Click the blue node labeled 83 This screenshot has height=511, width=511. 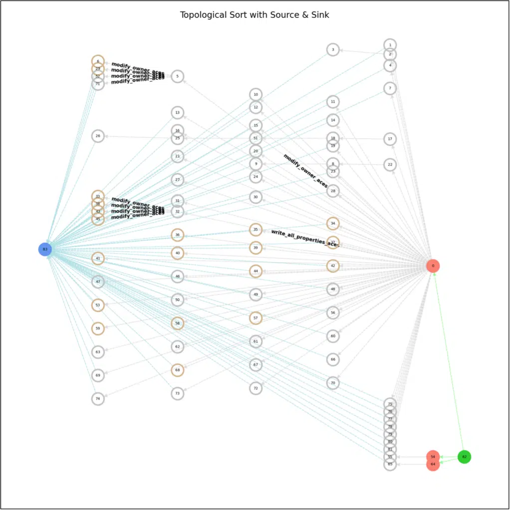click(45, 249)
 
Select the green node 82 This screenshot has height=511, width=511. click(464, 457)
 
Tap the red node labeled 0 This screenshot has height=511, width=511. click(433, 265)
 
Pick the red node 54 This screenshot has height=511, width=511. click(433, 457)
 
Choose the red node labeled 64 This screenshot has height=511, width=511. click(433, 465)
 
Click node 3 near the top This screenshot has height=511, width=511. click(333, 49)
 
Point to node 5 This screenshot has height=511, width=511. click(177, 76)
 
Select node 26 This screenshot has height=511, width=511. click(98, 136)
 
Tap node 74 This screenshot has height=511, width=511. click(98, 399)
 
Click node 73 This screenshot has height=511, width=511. click(177, 393)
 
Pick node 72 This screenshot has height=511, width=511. click(255, 388)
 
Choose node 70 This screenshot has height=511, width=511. click(333, 383)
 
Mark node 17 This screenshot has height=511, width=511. click(390, 139)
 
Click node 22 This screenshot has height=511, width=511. click(390, 164)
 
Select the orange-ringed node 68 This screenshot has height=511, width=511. click(177, 370)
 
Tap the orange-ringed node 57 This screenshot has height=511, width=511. click(255, 317)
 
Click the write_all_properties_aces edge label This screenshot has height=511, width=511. click(305, 239)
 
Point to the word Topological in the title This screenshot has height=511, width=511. click(202, 15)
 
